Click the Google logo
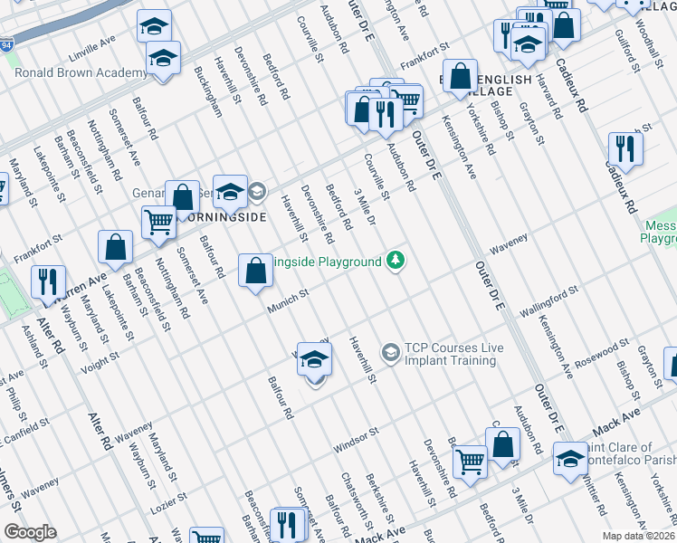(30, 532)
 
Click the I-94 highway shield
(7, 43)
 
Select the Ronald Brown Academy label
(81, 73)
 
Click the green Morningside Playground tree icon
(395, 262)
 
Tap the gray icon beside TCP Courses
(391, 351)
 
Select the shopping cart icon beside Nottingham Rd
(159, 221)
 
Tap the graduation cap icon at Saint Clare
(571, 458)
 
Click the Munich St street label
(288, 301)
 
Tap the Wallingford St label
(548, 301)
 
